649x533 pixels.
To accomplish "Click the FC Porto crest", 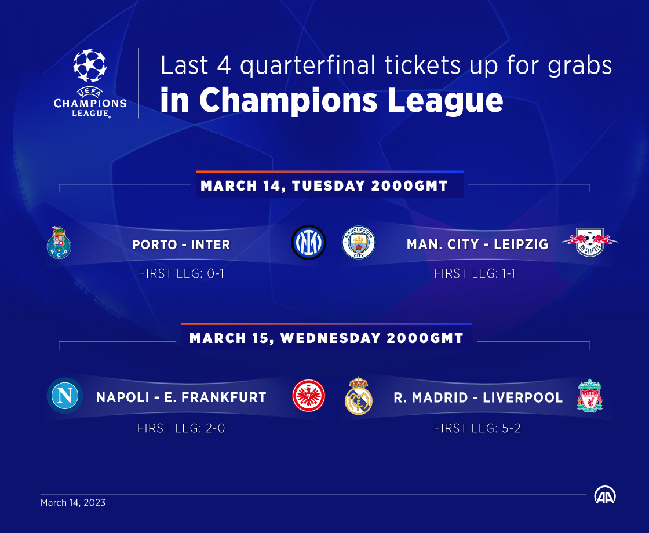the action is [59, 243].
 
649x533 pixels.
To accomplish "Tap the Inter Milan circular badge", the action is [308, 243].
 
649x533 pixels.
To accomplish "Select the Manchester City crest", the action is [359, 243].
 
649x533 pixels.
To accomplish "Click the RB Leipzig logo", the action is [589, 242].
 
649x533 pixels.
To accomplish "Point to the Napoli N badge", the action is [65, 396].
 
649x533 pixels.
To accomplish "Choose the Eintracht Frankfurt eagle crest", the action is [309, 396].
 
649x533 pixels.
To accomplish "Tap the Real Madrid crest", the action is [359, 396].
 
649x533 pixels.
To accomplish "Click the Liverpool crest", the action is [590, 396].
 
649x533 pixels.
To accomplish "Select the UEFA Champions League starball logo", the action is [90, 83].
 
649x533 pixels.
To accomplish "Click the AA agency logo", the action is [605, 495].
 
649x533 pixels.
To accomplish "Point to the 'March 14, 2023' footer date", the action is [73, 503].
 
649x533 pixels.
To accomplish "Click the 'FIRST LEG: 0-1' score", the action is [181, 273].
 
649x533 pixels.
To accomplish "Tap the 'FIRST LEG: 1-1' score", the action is [475, 273].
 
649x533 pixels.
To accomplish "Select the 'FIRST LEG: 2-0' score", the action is [181, 428].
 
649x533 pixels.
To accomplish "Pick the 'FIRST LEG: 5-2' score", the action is [477, 428].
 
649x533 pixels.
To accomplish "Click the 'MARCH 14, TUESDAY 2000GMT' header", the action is [324, 186].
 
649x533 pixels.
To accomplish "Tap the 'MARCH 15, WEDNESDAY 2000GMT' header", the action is [326, 338].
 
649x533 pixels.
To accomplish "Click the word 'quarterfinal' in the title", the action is [308, 66].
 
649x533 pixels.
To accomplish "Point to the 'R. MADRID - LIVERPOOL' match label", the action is [478, 397].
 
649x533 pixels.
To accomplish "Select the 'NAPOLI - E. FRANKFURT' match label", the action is [181, 397].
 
